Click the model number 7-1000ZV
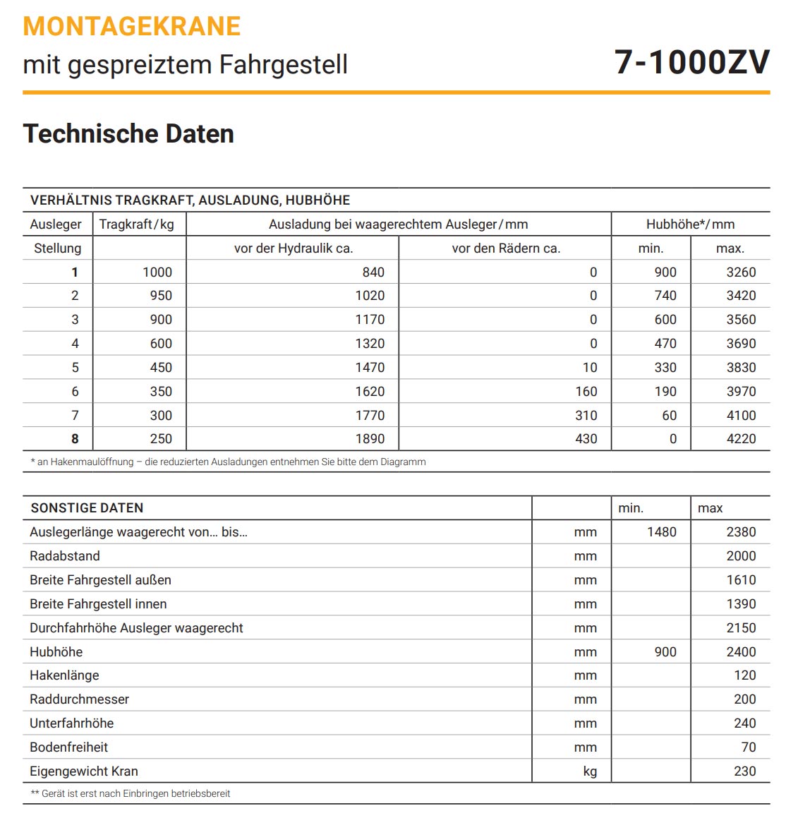coord(691,62)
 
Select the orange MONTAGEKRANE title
coord(132,26)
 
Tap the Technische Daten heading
coord(128,133)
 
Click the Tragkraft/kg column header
coord(136,224)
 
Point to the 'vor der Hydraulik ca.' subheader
coord(294,248)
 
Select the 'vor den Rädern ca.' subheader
coord(506,248)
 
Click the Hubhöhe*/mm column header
coord(690,224)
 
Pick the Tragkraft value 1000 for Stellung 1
coord(157,272)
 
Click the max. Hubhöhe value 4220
coord(741,439)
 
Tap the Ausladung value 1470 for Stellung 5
coord(370,368)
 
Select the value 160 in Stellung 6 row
coord(586,392)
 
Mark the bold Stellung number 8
coord(75,439)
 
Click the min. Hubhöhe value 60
coord(669,416)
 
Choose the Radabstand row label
coord(65,556)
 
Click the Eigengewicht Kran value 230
coord(744,771)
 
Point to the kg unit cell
coord(590,771)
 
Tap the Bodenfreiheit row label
coord(68,747)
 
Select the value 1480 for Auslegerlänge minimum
coord(661,532)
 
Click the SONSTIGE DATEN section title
coord(87,508)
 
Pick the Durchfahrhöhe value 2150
coord(741,628)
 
